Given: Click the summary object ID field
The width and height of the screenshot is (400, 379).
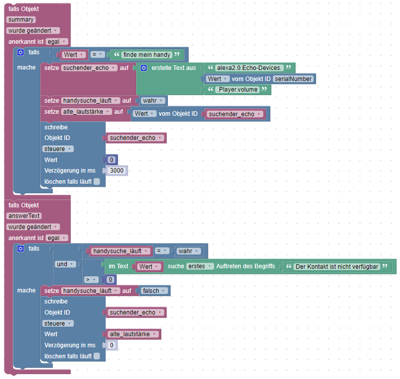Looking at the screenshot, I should pyautogui.click(x=21, y=20).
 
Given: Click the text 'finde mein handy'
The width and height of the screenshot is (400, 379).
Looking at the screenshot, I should pyautogui.click(x=147, y=54).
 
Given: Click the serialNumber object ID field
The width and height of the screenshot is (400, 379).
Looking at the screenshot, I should pyautogui.click(x=293, y=79).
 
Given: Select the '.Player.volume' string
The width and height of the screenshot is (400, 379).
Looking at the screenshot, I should pyautogui.click(x=236, y=90).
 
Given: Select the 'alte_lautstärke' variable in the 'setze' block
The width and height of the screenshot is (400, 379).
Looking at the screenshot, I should pyautogui.click(x=86, y=112).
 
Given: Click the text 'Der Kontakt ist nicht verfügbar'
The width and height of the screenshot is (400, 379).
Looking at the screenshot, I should pyautogui.click(x=336, y=266).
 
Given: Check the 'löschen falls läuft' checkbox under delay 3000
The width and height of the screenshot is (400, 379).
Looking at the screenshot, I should pyautogui.click(x=96, y=182).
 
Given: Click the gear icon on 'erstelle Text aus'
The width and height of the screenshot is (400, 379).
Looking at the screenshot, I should pyautogui.click(x=143, y=68).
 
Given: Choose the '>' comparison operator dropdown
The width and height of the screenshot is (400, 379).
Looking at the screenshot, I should pyautogui.click(x=90, y=279).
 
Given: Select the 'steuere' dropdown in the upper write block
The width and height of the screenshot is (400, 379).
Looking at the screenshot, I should pyautogui.click(x=58, y=149).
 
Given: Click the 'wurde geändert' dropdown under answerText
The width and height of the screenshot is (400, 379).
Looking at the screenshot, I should pyautogui.click(x=33, y=227).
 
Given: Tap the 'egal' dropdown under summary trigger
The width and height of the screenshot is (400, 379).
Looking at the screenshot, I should pyautogui.click(x=56, y=42).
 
